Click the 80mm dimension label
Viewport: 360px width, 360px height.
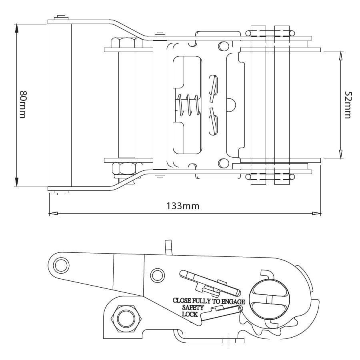23,104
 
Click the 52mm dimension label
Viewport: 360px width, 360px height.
348,105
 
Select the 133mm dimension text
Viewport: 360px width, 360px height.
183,206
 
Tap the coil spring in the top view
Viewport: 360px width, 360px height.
188,105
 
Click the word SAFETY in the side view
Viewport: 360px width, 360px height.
193,308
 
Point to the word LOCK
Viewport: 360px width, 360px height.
190,314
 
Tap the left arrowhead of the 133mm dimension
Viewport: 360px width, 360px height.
52,213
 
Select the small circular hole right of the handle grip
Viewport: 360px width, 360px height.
157,275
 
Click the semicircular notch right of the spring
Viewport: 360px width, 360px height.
230,105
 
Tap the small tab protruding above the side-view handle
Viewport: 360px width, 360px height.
168,246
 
